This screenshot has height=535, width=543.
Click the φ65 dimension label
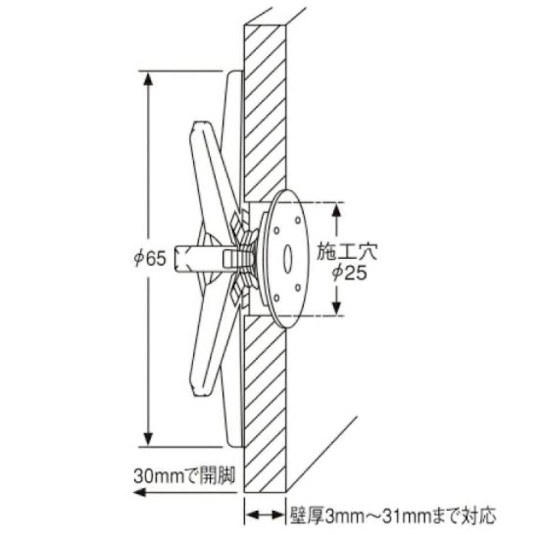[150, 258]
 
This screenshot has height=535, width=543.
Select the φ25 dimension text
[349, 273]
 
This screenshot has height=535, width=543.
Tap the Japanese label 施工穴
[347, 252]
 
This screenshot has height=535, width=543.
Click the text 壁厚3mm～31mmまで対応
[393, 515]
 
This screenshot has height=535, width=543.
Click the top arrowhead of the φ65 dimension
[148, 78]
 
